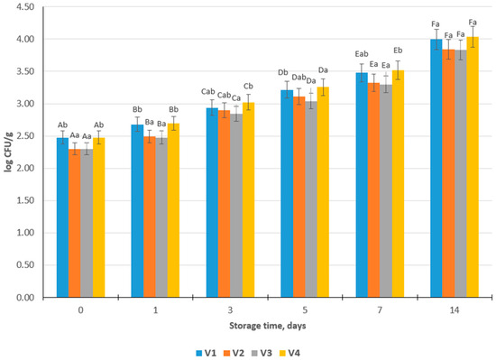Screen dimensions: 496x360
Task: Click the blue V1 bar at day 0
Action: pyautogui.click(x=62, y=217)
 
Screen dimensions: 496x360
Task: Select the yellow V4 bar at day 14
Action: pyautogui.click(x=473, y=167)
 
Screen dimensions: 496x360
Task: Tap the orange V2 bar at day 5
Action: pyautogui.click(x=299, y=197)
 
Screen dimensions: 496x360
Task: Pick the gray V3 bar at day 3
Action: pyautogui.click(x=236, y=206)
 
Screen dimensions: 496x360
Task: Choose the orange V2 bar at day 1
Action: pyautogui.click(x=150, y=217)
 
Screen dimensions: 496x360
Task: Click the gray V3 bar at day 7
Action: pyautogui.click(x=386, y=191)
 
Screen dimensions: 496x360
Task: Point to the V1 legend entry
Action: pyautogui.click(x=207, y=353)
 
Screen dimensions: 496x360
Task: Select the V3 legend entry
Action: pyautogui.click(x=262, y=353)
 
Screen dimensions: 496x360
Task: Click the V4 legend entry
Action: pyautogui.click(x=289, y=353)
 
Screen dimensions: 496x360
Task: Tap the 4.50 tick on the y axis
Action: pyautogui.click(x=25, y=7)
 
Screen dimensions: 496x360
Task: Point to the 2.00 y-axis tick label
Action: pyautogui.click(x=25, y=169)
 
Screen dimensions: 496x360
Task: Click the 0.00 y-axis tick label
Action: pyautogui.click(x=25, y=298)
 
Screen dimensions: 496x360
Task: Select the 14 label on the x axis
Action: pyautogui.click(x=455, y=310)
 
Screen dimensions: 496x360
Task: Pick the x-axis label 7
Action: pyautogui.click(x=380, y=310)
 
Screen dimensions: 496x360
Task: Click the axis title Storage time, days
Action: pyautogui.click(x=268, y=326)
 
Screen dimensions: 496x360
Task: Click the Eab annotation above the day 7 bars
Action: pyautogui.click(x=362, y=54)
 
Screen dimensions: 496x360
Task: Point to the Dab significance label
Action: pyautogui.click(x=299, y=78)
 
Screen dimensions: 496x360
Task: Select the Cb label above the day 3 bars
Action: pyautogui.click(x=248, y=86)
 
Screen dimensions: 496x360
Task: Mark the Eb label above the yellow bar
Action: pyautogui.click(x=398, y=51)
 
